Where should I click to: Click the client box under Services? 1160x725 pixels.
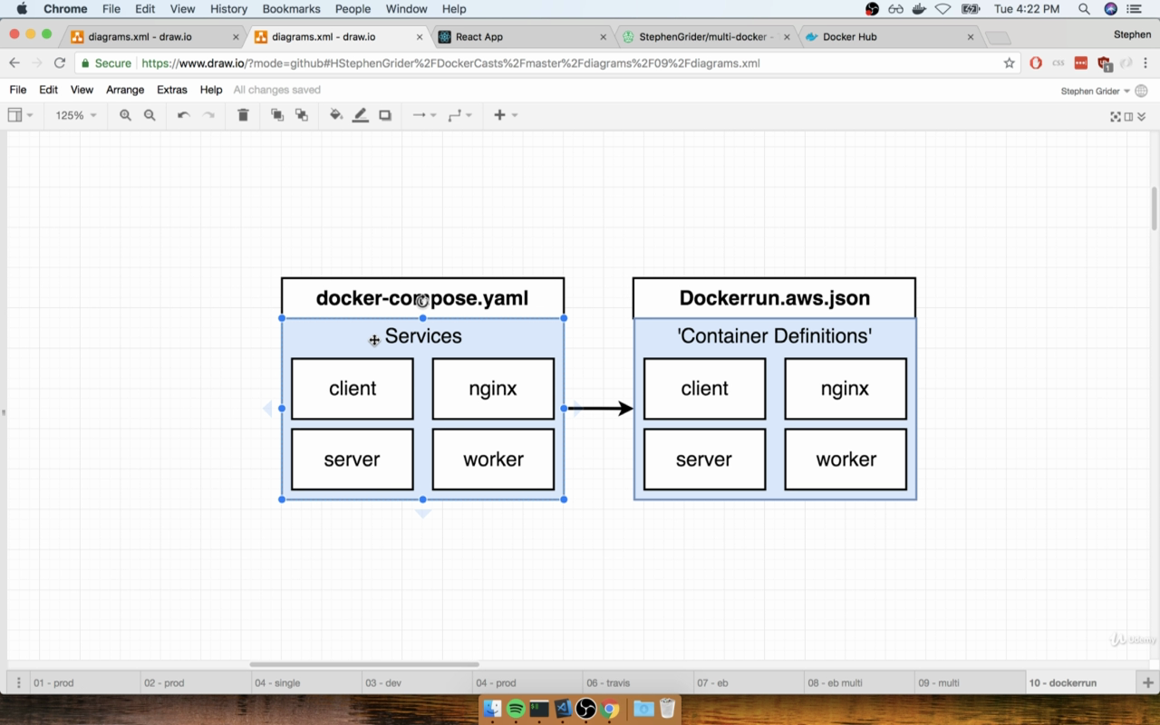[353, 389]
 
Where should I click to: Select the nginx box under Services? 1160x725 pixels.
[493, 389]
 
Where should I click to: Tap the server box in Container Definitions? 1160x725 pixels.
[704, 459]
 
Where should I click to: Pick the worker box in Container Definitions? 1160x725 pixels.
[846, 459]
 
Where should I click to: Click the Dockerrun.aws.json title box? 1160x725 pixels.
[774, 298]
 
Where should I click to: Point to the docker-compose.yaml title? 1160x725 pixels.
[422, 298]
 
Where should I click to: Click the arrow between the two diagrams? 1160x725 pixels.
[601, 408]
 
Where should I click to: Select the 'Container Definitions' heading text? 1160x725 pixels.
[774, 336]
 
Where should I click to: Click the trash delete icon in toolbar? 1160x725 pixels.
[243, 115]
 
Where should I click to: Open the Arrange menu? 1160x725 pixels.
[125, 90]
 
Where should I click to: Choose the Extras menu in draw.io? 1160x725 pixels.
[172, 90]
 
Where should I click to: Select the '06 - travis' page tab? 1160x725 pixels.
[608, 682]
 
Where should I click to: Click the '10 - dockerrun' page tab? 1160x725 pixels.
[1063, 682]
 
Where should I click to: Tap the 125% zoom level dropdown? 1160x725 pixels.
[75, 115]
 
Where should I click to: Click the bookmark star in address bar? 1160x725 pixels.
[1009, 63]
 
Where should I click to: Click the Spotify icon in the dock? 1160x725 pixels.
[516, 709]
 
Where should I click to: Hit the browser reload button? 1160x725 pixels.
[60, 63]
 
